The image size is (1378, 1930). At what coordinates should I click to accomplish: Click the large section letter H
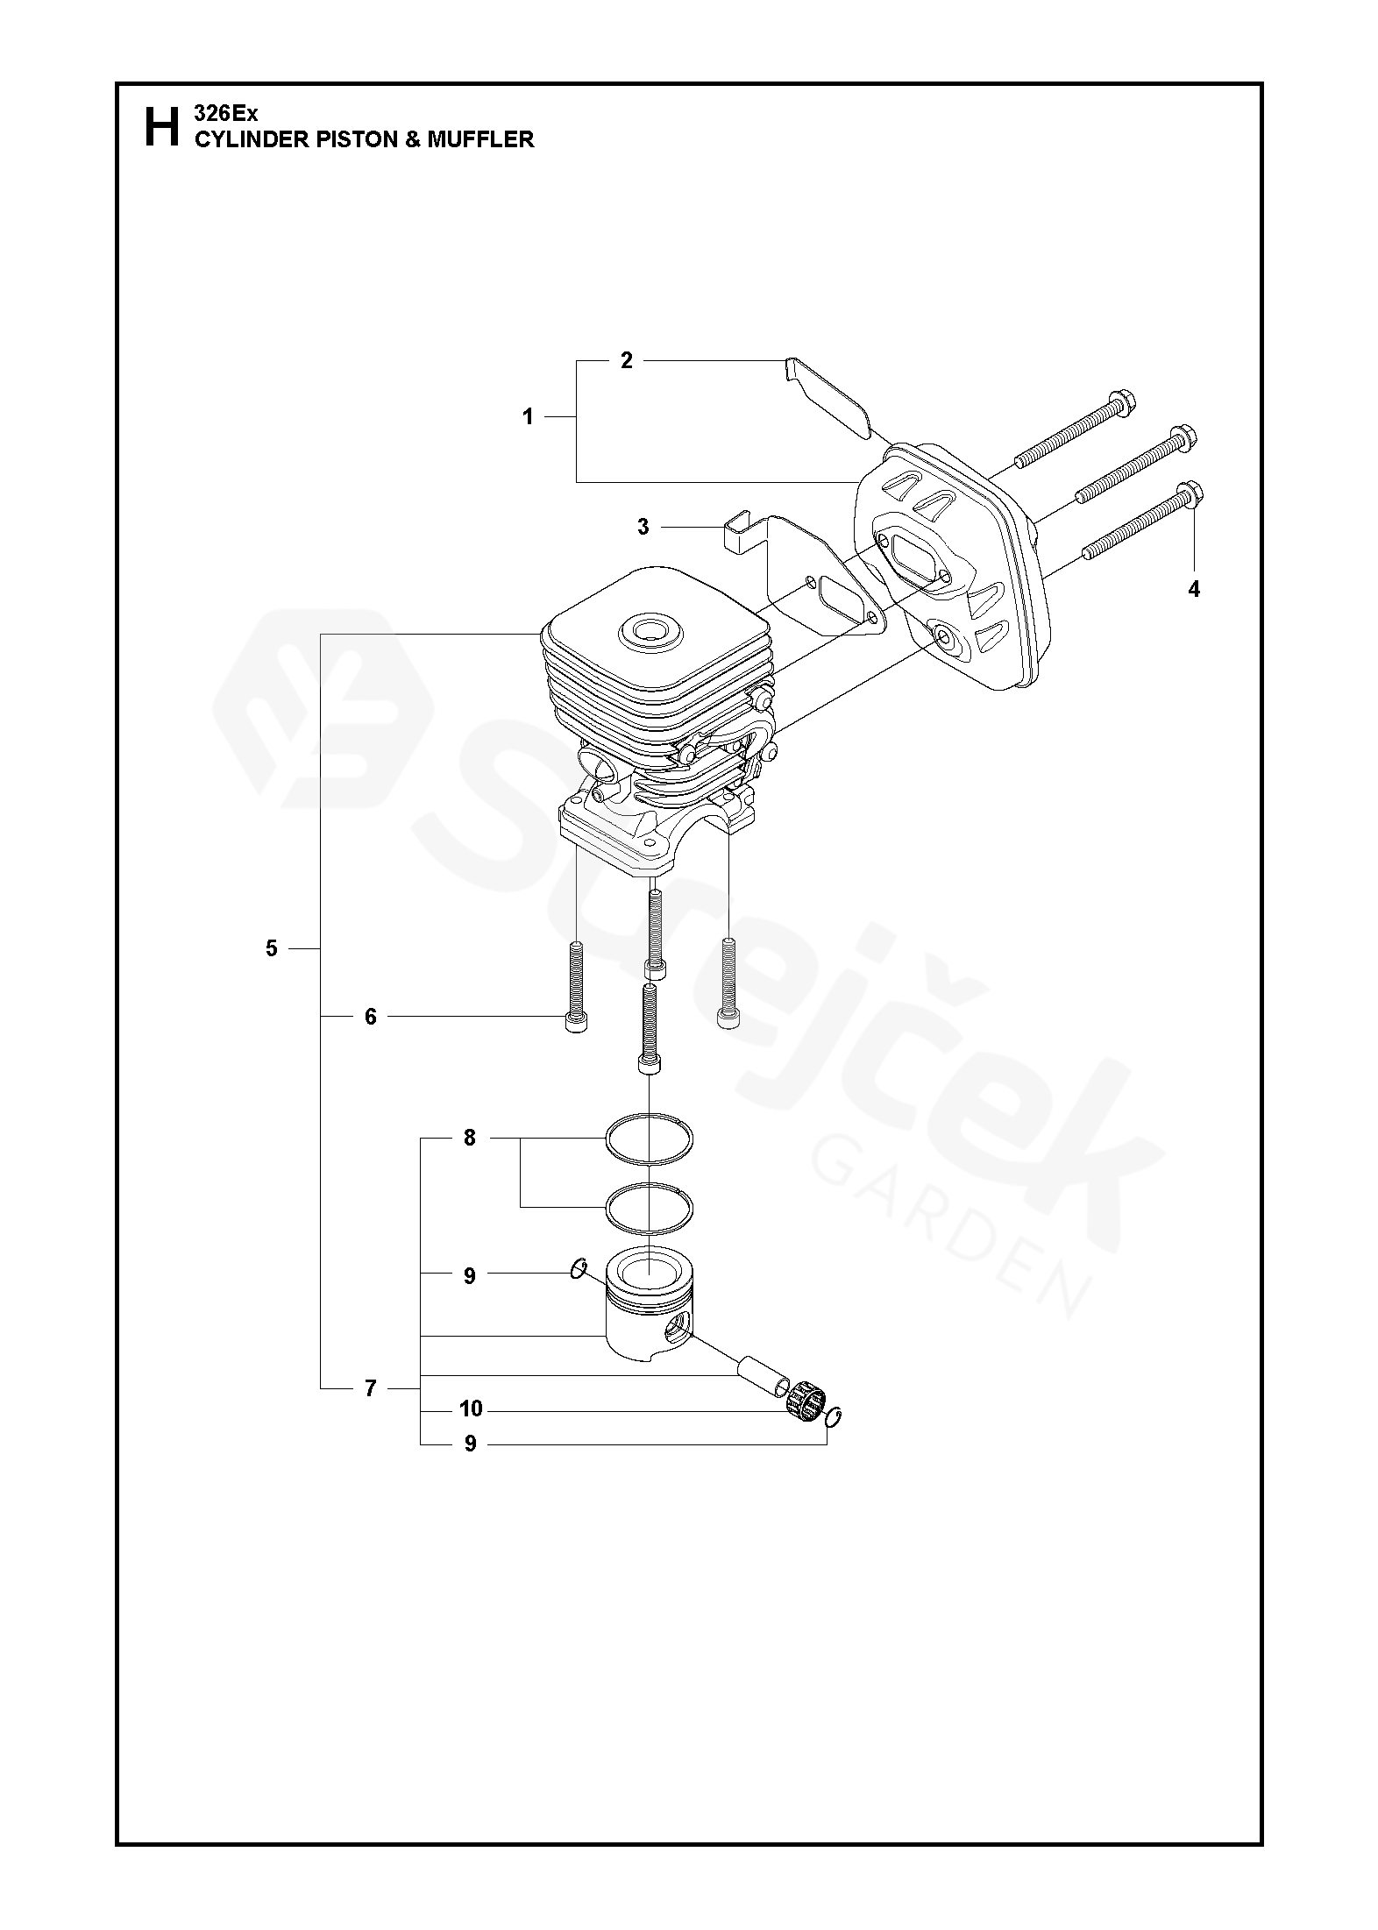pos(160,127)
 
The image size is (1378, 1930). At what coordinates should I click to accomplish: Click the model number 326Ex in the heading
pos(225,114)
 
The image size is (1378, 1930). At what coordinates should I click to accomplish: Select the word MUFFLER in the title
pos(480,139)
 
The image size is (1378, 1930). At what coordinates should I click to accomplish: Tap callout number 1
pos(528,417)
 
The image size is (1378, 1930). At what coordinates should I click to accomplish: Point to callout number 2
pos(626,360)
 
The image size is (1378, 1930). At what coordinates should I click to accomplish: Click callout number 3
pos(643,527)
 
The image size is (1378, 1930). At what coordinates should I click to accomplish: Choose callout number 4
pos(1193,590)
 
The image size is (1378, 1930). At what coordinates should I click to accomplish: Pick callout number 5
pos(271,948)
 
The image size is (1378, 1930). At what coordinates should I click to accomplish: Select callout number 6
pos(370,1017)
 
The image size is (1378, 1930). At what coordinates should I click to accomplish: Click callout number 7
pos(370,1388)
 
